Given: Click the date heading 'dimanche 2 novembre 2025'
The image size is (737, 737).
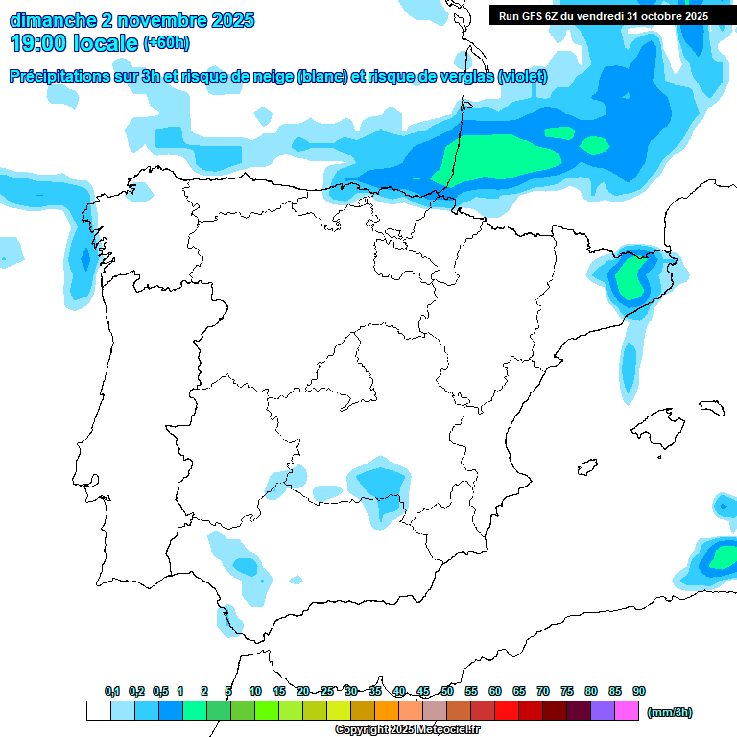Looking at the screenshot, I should point(131,20).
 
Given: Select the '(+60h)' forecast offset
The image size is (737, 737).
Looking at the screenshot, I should point(166,43).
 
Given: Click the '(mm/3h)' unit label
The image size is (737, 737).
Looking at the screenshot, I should point(669,712).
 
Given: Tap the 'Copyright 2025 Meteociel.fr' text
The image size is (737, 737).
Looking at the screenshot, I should point(407,730).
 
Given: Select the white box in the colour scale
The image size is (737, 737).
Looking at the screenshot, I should point(98,711).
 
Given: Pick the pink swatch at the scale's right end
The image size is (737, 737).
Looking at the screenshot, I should point(627,711).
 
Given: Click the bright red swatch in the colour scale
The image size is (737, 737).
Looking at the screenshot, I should point(507,711).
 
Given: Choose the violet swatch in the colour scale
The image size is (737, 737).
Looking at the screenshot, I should point(603,711).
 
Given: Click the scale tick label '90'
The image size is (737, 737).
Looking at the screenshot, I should point(639,691).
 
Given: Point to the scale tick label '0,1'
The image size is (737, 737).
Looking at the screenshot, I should point(112,691).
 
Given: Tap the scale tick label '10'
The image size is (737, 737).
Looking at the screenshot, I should point(255,691).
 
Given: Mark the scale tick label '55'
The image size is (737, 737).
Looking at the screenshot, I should point(471,691).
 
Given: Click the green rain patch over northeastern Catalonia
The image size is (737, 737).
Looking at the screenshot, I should point(631,276).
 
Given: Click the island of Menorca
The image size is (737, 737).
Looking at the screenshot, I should point(710,408).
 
